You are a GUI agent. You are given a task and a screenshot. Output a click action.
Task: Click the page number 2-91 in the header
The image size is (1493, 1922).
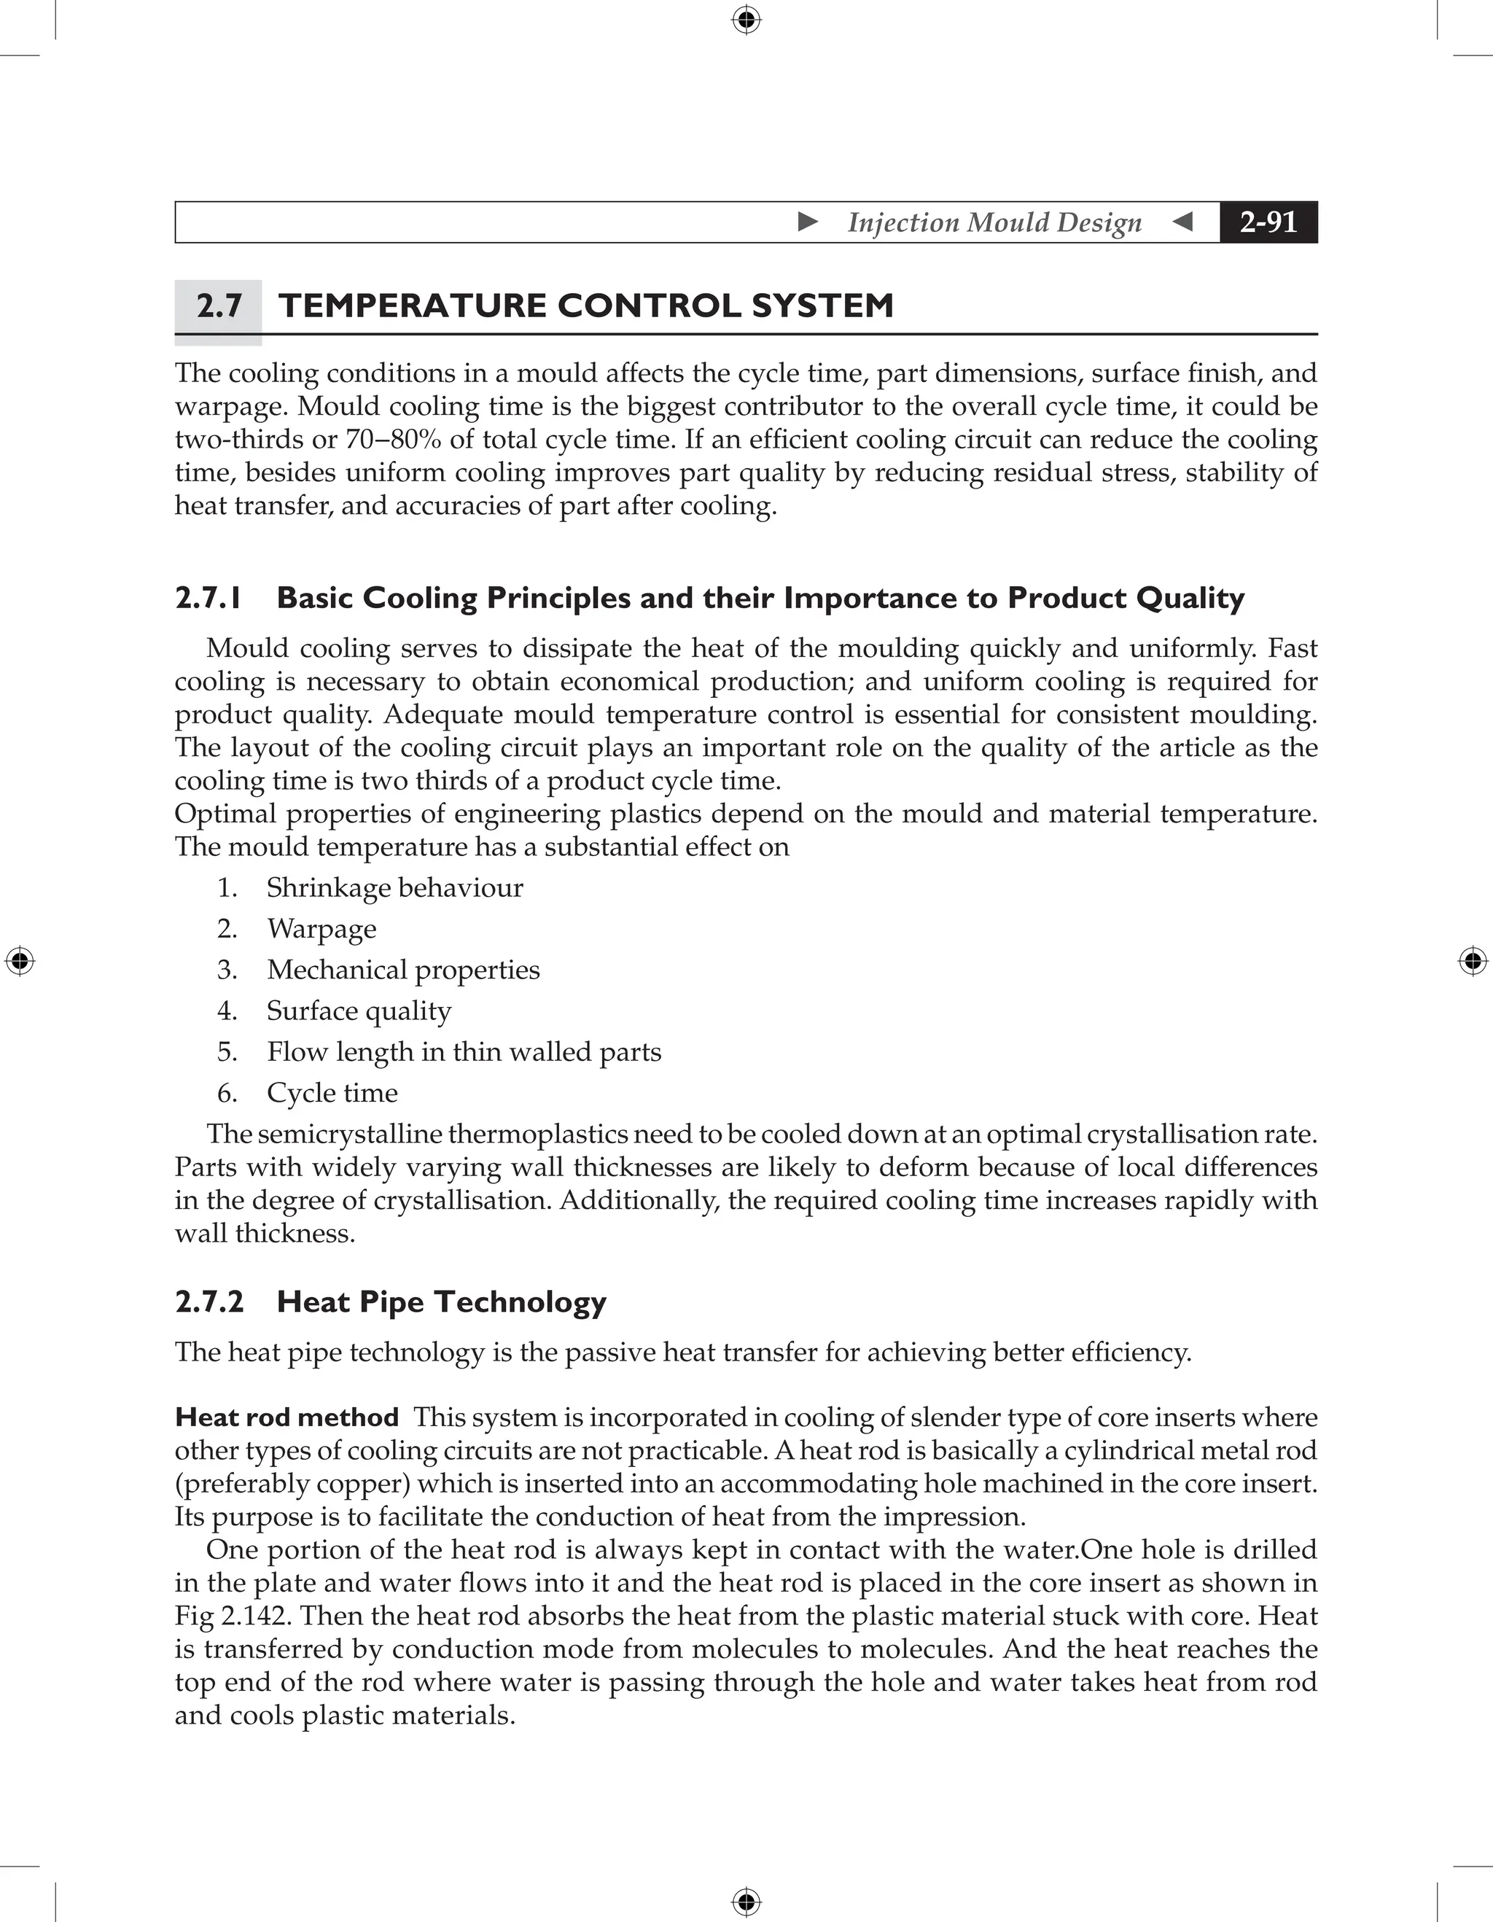point(1268,222)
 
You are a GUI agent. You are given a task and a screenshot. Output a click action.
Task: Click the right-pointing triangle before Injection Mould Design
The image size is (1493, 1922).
point(808,222)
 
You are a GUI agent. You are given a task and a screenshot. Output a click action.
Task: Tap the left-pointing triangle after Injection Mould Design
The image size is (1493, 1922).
point(1183,222)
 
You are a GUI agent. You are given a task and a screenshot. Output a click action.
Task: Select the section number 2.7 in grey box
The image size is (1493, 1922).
point(218,306)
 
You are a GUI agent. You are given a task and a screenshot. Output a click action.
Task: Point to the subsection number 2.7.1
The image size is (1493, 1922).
point(208,599)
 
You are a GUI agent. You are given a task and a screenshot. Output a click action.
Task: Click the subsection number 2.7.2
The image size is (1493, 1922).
point(209,1302)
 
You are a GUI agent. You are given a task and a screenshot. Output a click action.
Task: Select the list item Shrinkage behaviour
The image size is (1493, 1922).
point(394,887)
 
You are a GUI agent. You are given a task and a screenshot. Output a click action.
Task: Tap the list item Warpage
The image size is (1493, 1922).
point(321,928)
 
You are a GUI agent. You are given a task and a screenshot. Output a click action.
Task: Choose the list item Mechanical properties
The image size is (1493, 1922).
point(403,970)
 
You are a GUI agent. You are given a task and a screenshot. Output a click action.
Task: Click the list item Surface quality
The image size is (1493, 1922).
point(359,1011)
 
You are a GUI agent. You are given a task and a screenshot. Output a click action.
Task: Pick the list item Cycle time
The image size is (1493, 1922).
point(332,1093)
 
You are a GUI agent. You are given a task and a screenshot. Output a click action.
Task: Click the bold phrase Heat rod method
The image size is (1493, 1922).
point(286,1417)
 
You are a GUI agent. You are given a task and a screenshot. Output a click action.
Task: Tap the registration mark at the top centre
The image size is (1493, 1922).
point(746,20)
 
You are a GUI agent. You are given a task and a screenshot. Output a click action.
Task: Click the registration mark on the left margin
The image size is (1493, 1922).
point(20,961)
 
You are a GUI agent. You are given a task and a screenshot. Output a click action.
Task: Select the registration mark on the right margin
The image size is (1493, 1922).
point(1473,961)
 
